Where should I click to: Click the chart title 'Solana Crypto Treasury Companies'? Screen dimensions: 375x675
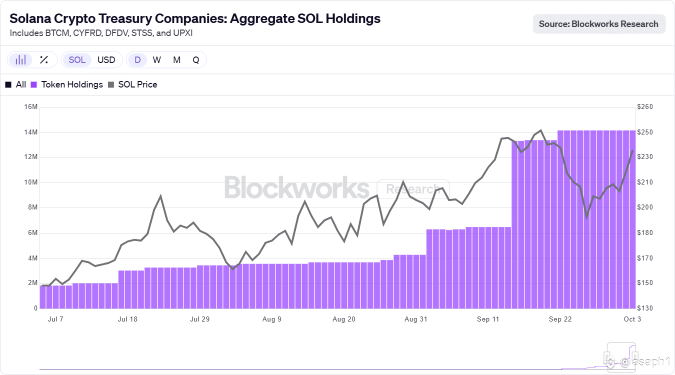(195, 18)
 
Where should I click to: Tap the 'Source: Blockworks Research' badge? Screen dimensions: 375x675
(598, 23)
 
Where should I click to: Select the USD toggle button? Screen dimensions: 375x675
(106, 60)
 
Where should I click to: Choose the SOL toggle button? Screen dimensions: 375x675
(77, 60)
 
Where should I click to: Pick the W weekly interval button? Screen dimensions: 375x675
(156, 60)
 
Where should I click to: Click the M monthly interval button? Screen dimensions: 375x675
(176, 60)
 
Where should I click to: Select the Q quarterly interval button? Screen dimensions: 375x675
(196, 60)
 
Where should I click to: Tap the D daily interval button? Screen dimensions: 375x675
(137, 60)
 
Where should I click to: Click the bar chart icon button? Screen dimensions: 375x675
(20, 60)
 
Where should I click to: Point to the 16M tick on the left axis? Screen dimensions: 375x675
(30, 107)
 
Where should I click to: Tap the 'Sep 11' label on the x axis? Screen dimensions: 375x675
(488, 319)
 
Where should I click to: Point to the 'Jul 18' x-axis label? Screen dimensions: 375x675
(128, 319)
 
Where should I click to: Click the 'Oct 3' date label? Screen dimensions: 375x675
(632, 319)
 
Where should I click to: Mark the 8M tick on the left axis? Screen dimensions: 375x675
(31, 207)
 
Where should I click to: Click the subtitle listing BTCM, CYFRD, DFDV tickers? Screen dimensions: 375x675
(101, 33)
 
